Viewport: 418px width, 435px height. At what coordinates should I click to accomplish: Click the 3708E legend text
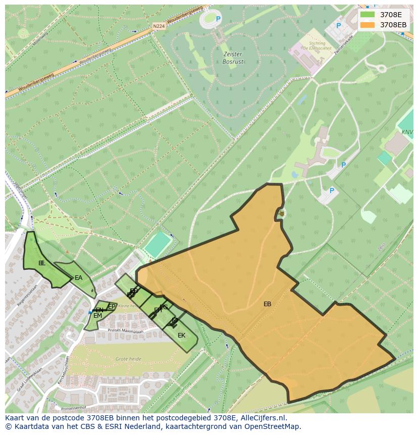point(391,15)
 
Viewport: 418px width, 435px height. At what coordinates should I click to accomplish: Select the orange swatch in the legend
point(368,25)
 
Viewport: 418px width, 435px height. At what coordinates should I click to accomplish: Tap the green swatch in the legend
point(368,15)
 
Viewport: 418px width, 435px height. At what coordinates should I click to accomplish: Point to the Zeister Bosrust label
point(232,58)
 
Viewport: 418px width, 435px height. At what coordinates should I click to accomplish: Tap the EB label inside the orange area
point(267,304)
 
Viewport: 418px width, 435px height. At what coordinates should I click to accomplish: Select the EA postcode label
point(78,278)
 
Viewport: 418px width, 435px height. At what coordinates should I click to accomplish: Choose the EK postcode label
point(181,335)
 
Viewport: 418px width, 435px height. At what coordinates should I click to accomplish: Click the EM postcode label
point(97,316)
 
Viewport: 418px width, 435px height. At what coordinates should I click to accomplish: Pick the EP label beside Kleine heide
point(112,306)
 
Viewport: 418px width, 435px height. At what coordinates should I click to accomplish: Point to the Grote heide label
point(128,359)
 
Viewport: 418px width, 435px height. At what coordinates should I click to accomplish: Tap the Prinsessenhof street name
point(74,407)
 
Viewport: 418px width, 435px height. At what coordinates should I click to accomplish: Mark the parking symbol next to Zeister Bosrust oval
point(219,19)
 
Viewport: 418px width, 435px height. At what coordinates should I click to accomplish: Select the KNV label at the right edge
point(407,132)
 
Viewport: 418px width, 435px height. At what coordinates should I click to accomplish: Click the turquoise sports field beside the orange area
point(158,245)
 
